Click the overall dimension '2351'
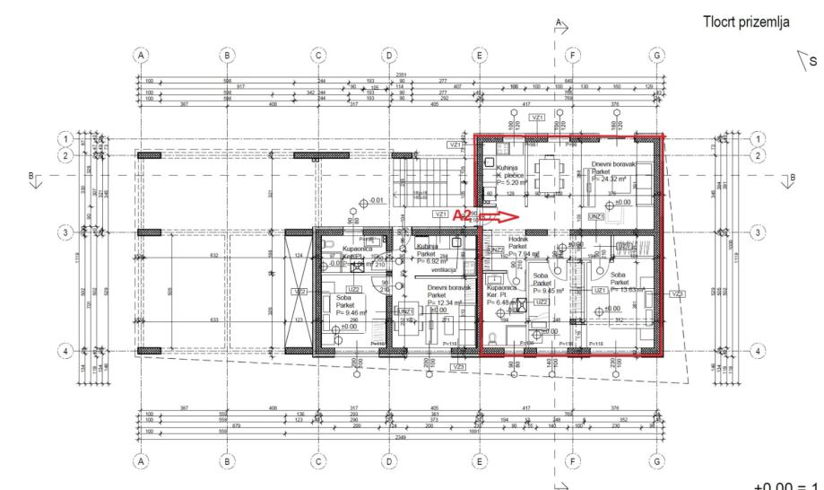[x=391, y=75]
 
